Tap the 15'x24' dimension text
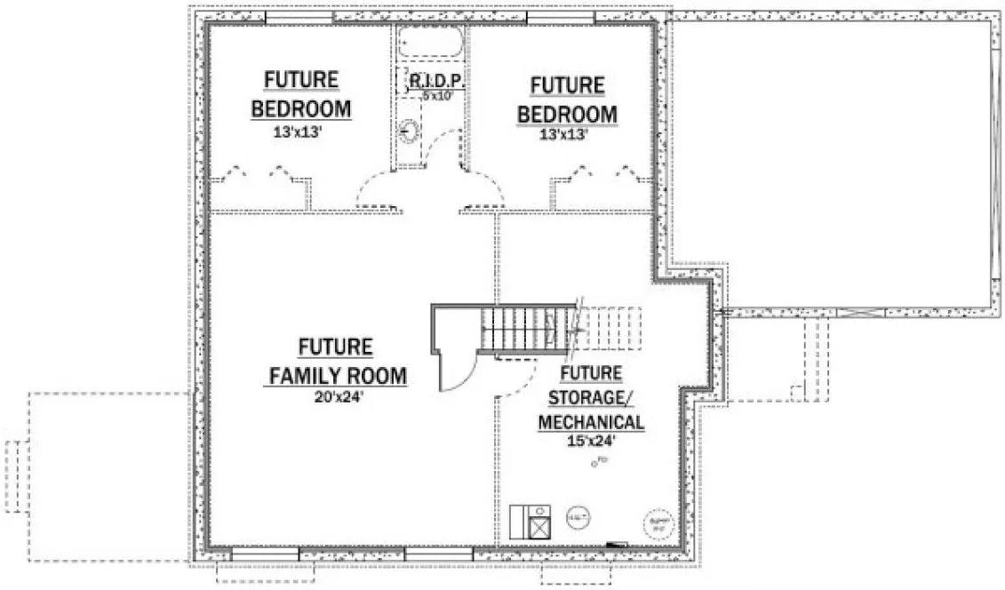coord(591,439)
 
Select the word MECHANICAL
coord(591,420)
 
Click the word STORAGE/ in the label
coord(591,396)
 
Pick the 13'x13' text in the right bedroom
coord(568,135)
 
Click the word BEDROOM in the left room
coord(301,109)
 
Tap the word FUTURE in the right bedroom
coord(568,85)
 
